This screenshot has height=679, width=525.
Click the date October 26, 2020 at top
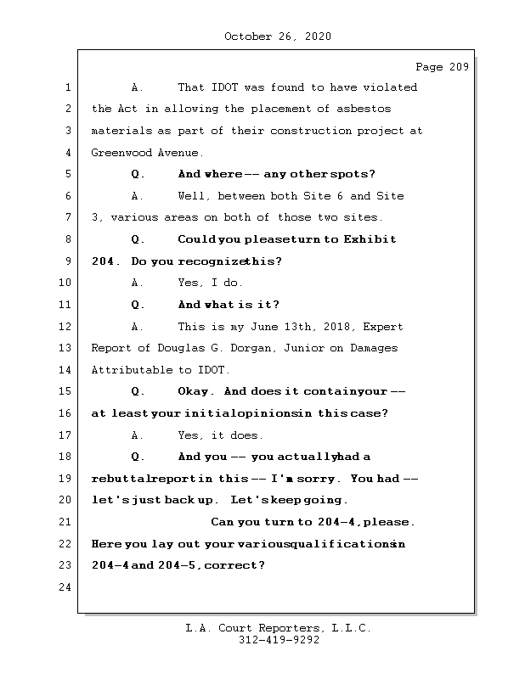click(x=278, y=36)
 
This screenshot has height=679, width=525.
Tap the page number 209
click(x=458, y=68)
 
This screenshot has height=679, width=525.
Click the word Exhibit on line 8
click(x=370, y=239)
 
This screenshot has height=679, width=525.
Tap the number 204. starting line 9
click(x=106, y=261)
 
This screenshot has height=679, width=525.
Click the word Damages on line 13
click(x=375, y=348)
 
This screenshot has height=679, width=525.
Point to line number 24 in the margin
click(x=68, y=587)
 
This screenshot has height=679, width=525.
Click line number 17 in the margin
click(x=68, y=435)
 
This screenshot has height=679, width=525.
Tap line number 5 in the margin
click(x=68, y=174)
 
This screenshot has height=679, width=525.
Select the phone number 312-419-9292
click(x=278, y=641)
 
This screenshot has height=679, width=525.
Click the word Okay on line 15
click(x=195, y=392)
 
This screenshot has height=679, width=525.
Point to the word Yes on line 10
click(x=189, y=283)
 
